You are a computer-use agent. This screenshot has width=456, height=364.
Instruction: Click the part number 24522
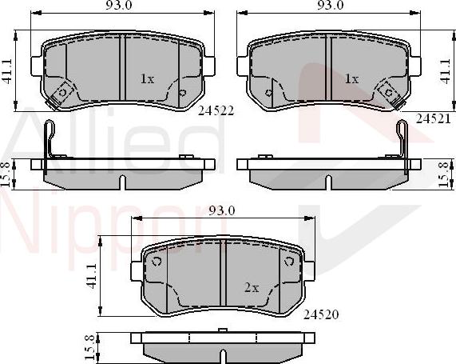[x=216, y=111]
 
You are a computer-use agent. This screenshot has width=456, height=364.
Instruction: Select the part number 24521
[x=431, y=117]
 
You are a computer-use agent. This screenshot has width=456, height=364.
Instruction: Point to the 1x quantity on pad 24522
[x=146, y=79]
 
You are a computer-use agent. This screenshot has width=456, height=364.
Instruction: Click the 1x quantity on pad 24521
[x=351, y=79]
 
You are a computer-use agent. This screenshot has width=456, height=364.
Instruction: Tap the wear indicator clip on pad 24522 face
[x=57, y=97]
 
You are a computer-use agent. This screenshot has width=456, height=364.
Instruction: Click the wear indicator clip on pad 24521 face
[x=391, y=97]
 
